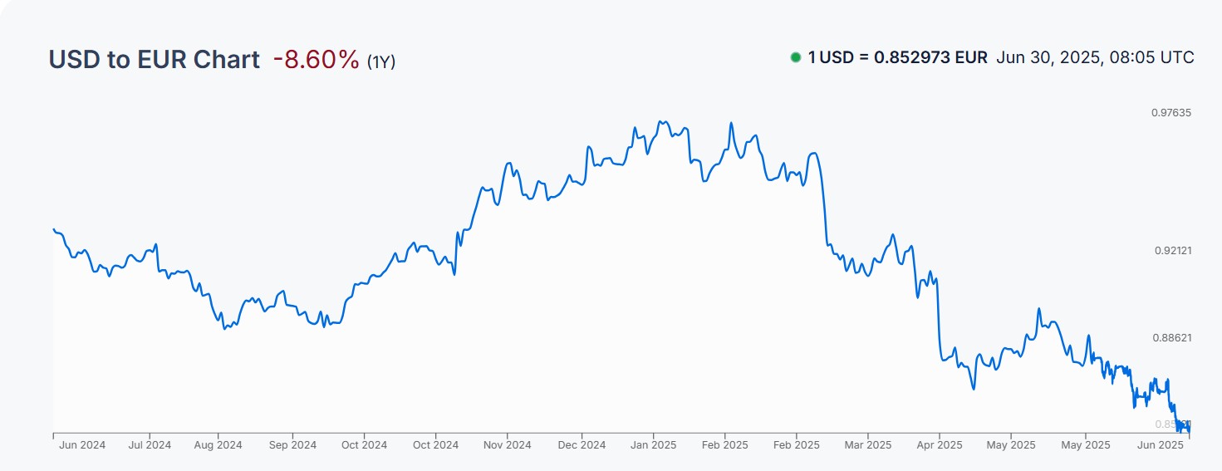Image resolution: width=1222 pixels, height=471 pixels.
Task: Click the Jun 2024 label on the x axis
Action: pyautogui.click(x=82, y=445)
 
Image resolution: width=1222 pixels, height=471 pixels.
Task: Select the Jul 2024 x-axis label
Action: pyautogui.click(x=150, y=445)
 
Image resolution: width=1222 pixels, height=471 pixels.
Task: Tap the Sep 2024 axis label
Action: pyautogui.click(x=293, y=445)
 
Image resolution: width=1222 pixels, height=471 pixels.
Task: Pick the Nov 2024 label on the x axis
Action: pyautogui.click(x=507, y=445)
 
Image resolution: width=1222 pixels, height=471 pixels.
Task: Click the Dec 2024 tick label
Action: pyautogui.click(x=582, y=445)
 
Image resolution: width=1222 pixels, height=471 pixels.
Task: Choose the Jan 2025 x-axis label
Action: pyautogui.click(x=652, y=445)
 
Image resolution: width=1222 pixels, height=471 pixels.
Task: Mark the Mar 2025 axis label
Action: pyautogui.click(x=867, y=445)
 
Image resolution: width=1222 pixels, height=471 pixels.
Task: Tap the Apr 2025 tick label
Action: pyautogui.click(x=939, y=445)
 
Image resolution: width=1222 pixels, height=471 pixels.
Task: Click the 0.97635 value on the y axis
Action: pyautogui.click(x=1171, y=113)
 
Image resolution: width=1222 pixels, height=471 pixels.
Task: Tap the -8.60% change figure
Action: pyautogui.click(x=316, y=60)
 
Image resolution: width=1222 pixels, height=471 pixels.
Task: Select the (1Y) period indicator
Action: pyautogui.click(x=381, y=61)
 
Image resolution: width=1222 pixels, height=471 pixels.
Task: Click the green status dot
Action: pyautogui.click(x=796, y=57)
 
